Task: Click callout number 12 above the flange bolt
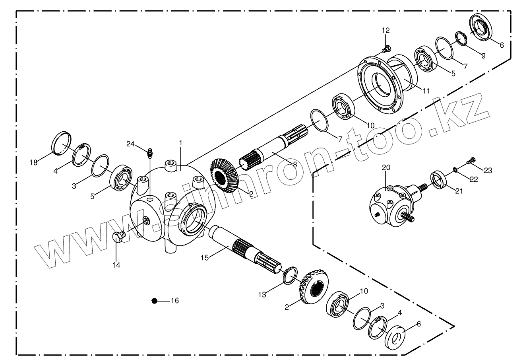(x=386, y=30)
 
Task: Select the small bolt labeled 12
(x=386, y=49)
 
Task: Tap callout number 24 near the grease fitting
(x=131, y=144)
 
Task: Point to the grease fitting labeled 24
(x=149, y=152)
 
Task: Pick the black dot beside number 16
(x=155, y=301)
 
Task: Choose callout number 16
(x=174, y=301)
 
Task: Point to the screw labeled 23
(x=471, y=161)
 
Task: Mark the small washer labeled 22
(x=455, y=171)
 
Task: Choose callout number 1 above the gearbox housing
(x=180, y=142)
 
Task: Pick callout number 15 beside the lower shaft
(x=204, y=258)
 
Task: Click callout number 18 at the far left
(x=33, y=162)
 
